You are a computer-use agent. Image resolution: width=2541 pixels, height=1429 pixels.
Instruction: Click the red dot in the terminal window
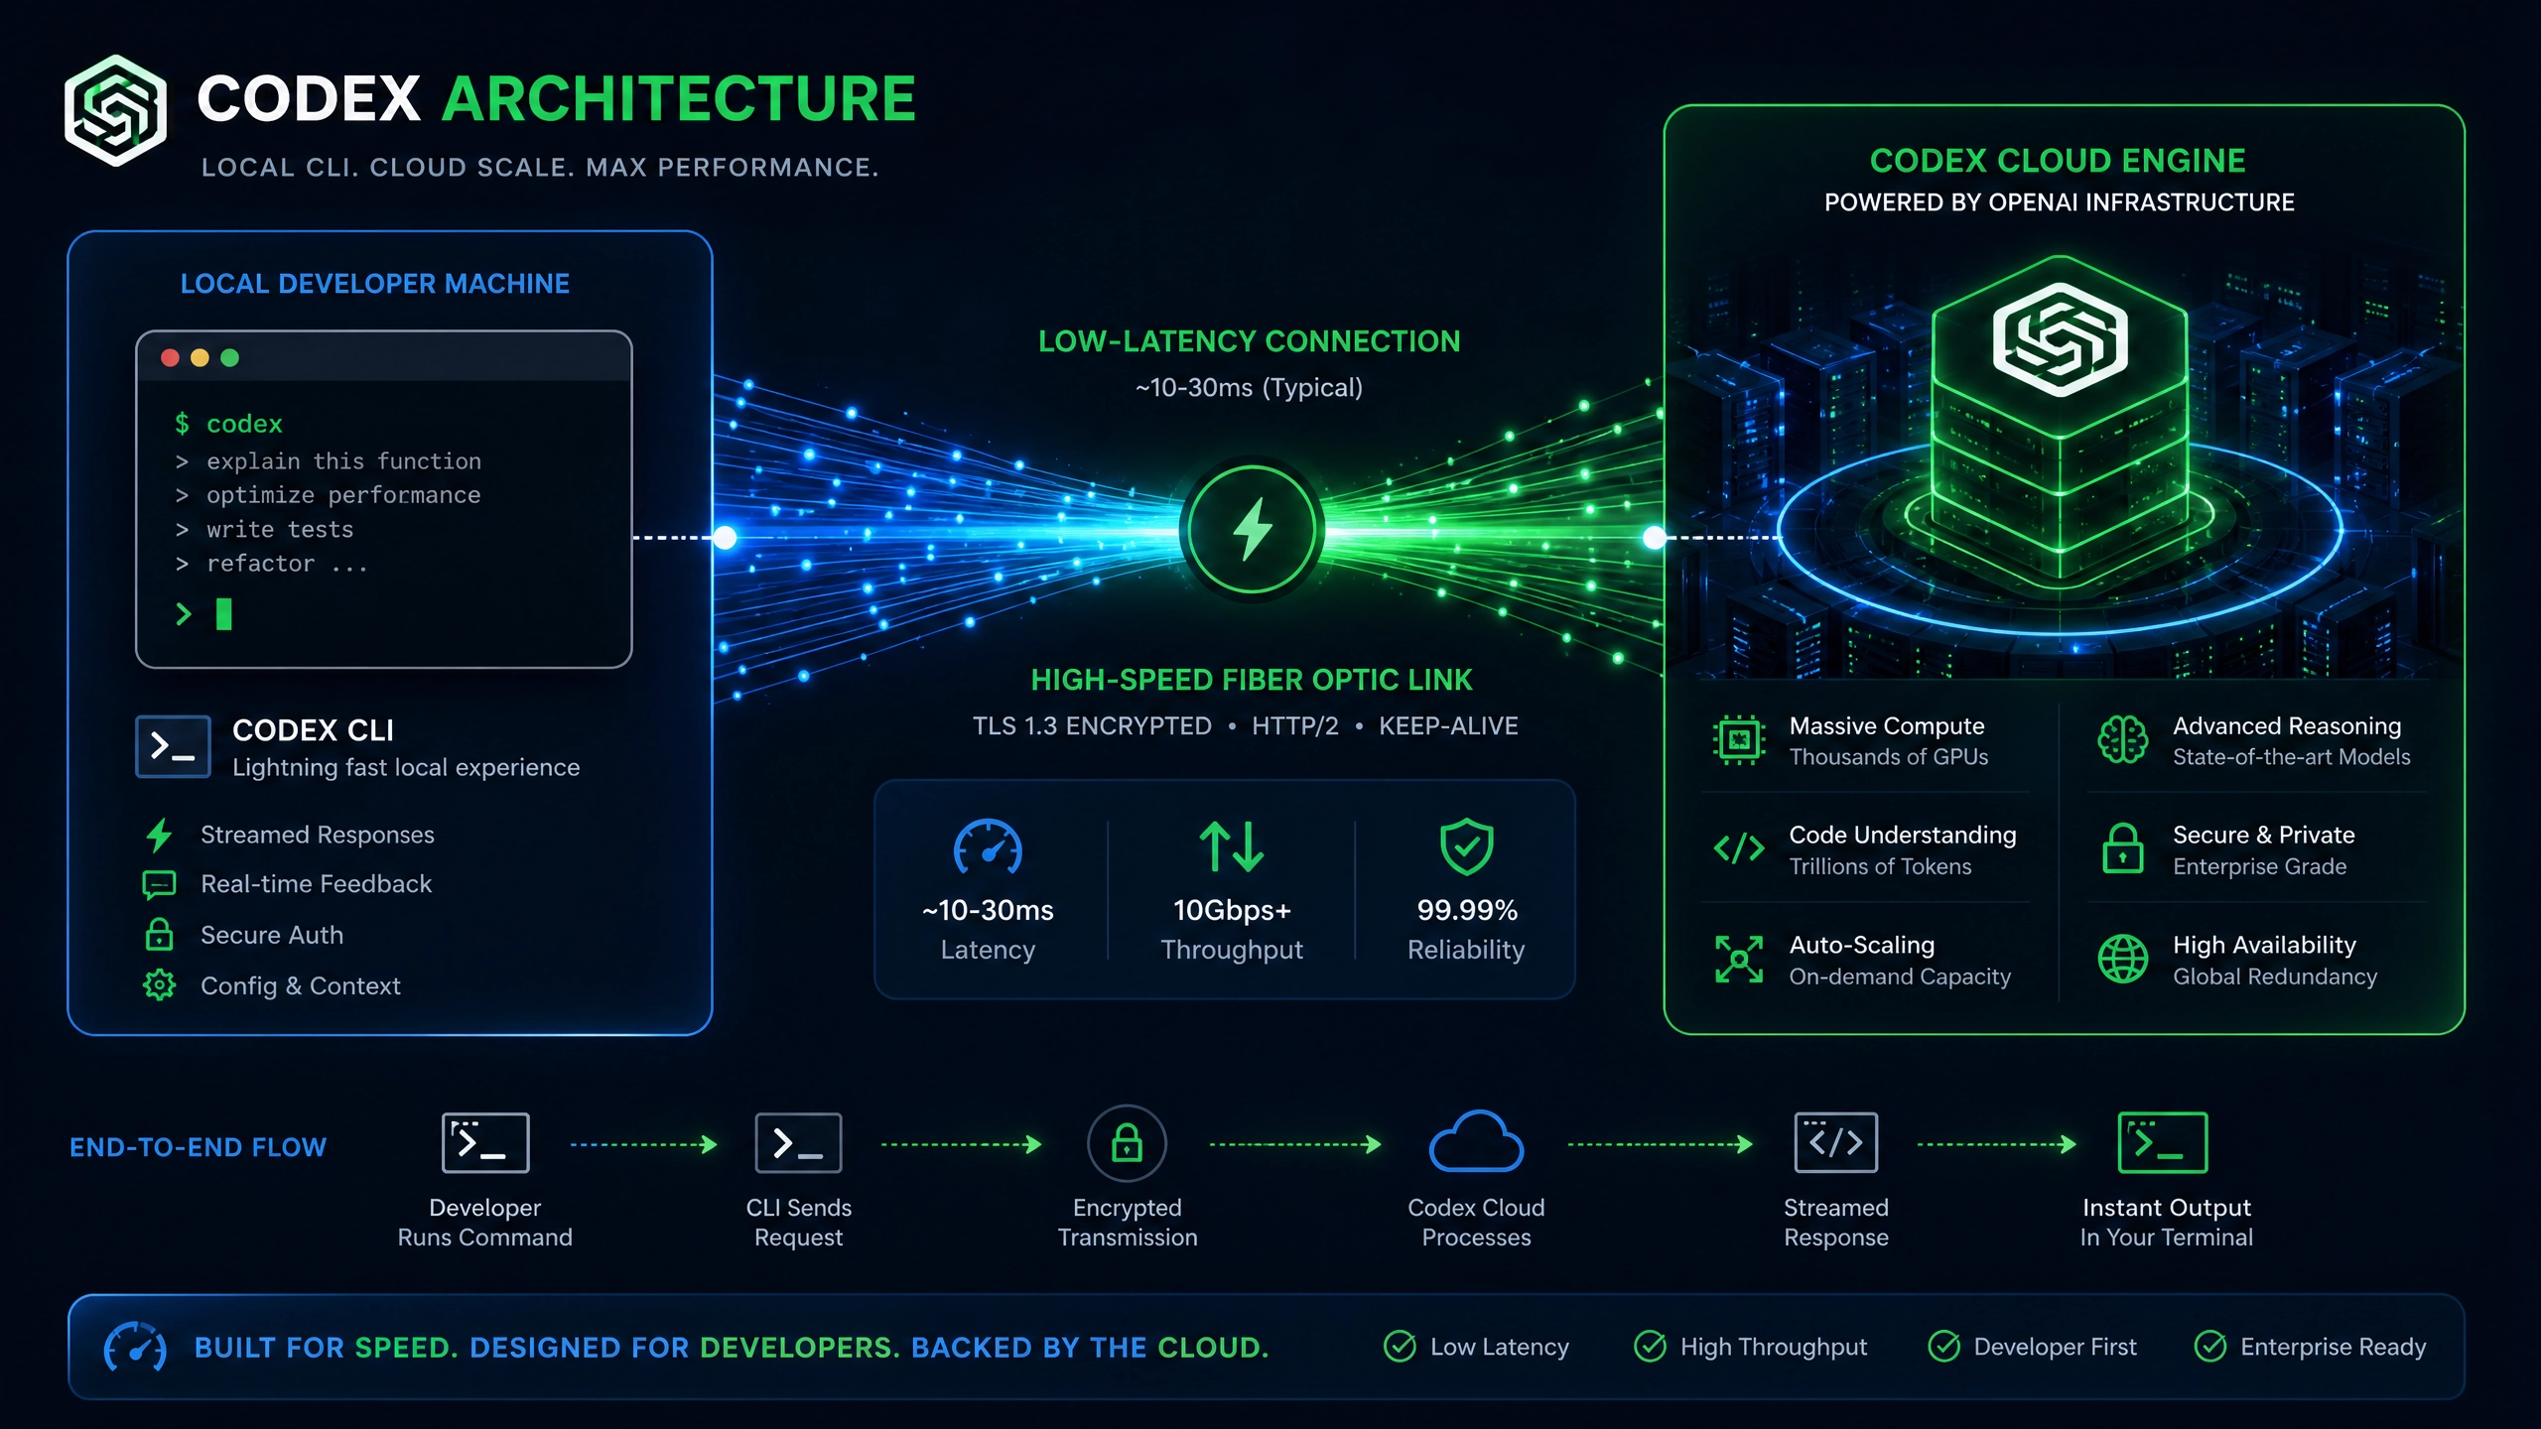(x=170, y=357)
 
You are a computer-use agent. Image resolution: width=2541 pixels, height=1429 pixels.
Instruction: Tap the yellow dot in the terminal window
(x=200, y=357)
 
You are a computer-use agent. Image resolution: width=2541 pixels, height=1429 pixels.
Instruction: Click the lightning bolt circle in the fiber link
(x=1253, y=530)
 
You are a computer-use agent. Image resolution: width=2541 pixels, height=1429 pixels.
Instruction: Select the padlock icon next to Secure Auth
(x=159, y=935)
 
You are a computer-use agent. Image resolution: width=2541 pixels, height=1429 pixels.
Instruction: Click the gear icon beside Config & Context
(x=159, y=985)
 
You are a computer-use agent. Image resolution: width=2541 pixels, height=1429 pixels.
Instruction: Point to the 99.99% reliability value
(x=1467, y=910)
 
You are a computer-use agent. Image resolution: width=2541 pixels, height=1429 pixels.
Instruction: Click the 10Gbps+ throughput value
(x=1232, y=910)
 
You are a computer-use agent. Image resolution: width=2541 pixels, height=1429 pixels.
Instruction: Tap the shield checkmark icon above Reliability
(x=1466, y=846)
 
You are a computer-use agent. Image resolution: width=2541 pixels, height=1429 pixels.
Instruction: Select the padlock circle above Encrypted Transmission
(x=1127, y=1143)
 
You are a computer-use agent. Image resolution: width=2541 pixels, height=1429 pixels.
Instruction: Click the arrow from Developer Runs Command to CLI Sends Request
(x=643, y=1144)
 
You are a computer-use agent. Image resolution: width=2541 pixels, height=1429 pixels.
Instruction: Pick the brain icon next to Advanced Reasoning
(x=2122, y=739)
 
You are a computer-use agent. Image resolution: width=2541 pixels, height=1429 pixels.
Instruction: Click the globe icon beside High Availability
(x=2122, y=959)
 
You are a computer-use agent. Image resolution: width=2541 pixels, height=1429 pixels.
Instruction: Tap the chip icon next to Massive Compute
(x=1739, y=740)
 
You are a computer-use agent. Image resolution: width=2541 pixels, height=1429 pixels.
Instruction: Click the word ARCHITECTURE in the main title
(x=678, y=99)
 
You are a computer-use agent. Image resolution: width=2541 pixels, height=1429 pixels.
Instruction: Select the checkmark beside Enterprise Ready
(x=2209, y=1347)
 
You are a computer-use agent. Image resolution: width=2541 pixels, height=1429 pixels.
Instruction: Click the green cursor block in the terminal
(x=224, y=614)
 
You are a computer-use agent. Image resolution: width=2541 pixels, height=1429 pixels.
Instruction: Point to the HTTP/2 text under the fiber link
(x=1294, y=726)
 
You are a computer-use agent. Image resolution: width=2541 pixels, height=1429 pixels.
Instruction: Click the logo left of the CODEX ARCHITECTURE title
(x=115, y=110)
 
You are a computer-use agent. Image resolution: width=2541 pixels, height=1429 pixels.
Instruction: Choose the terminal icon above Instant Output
(x=2163, y=1142)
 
